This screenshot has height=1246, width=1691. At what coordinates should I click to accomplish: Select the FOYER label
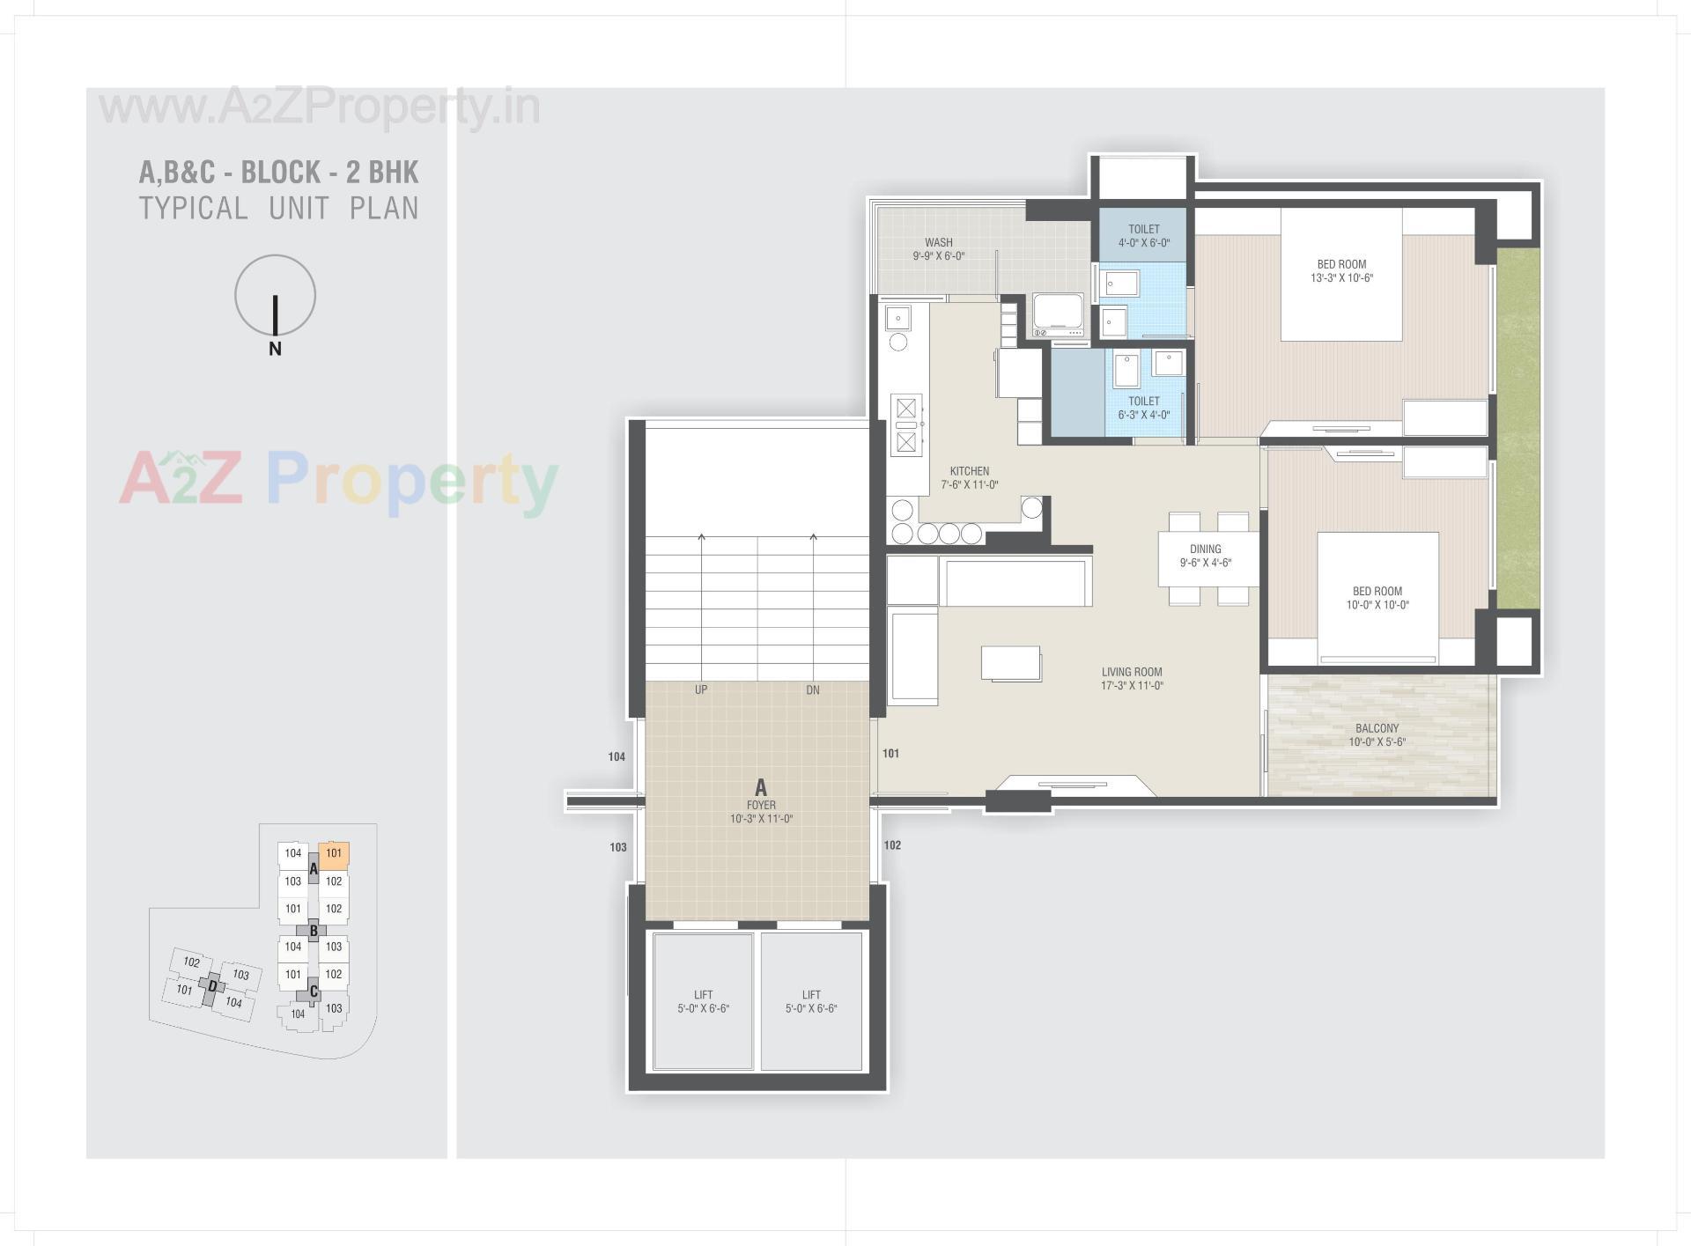(x=761, y=805)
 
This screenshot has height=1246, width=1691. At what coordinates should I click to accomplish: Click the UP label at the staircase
(x=700, y=689)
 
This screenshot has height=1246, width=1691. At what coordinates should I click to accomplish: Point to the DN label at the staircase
(x=812, y=689)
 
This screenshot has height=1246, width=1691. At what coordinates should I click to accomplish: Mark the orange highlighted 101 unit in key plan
(x=334, y=853)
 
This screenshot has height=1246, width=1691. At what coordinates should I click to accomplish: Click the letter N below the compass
(x=275, y=349)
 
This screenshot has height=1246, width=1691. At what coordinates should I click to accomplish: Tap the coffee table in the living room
(x=1011, y=663)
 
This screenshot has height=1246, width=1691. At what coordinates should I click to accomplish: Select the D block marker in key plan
(x=211, y=986)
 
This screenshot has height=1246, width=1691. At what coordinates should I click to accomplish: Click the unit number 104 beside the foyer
(x=617, y=756)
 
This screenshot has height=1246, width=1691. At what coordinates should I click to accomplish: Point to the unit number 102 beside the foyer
(x=892, y=845)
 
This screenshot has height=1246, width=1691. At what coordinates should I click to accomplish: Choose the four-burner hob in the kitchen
(x=906, y=424)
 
